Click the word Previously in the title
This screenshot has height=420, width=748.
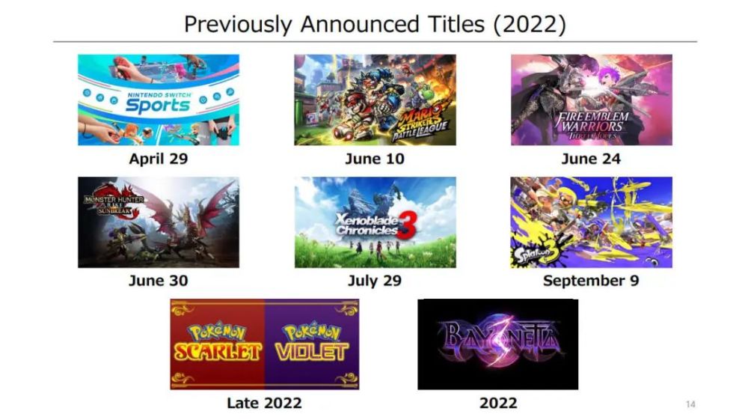click(x=238, y=25)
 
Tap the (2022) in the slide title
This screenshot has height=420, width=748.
click(x=530, y=25)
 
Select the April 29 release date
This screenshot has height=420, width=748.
click(x=159, y=159)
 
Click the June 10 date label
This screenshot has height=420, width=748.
click(x=375, y=159)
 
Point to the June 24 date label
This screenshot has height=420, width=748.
click(x=591, y=159)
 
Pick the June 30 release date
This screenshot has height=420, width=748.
click(x=159, y=280)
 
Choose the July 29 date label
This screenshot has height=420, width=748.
click(x=375, y=281)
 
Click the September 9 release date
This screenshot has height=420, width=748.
click(x=591, y=281)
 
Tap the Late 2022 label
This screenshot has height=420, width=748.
click(x=264, y=403)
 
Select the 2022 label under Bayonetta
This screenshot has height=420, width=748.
click(x=498, y=403)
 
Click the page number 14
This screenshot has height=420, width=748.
click(x=690, y=404)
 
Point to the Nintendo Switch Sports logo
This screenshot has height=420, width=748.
click(x=159, y=103)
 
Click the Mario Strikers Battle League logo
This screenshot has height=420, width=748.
click(x=420, y=122)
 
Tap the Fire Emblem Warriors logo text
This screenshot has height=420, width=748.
click(x=592, y=126)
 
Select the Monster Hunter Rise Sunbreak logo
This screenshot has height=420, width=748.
click(x=114, y=203)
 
